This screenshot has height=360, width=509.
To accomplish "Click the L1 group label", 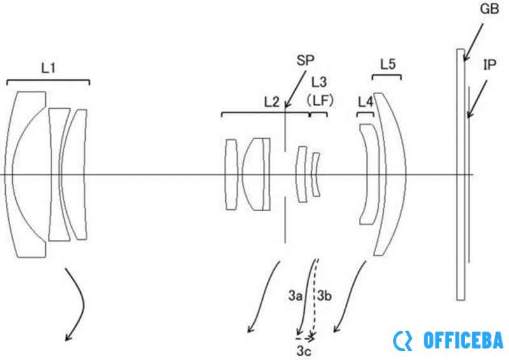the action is tap(48, 68).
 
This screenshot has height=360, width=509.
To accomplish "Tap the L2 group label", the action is tap(272, 102).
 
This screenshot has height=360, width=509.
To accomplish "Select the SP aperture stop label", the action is tap(305, 60).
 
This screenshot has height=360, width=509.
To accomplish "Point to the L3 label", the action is tap(319, 83).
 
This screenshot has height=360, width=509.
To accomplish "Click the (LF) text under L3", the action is tap(320, 100).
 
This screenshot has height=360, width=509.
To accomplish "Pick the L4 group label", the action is tap(365, 102).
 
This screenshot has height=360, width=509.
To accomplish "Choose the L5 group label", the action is tap(388, 65).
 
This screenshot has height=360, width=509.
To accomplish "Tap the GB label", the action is tap(489, 9).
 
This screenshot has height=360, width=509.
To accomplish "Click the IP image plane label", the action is tap(490, 65).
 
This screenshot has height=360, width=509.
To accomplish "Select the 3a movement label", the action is tap(295, 296).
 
